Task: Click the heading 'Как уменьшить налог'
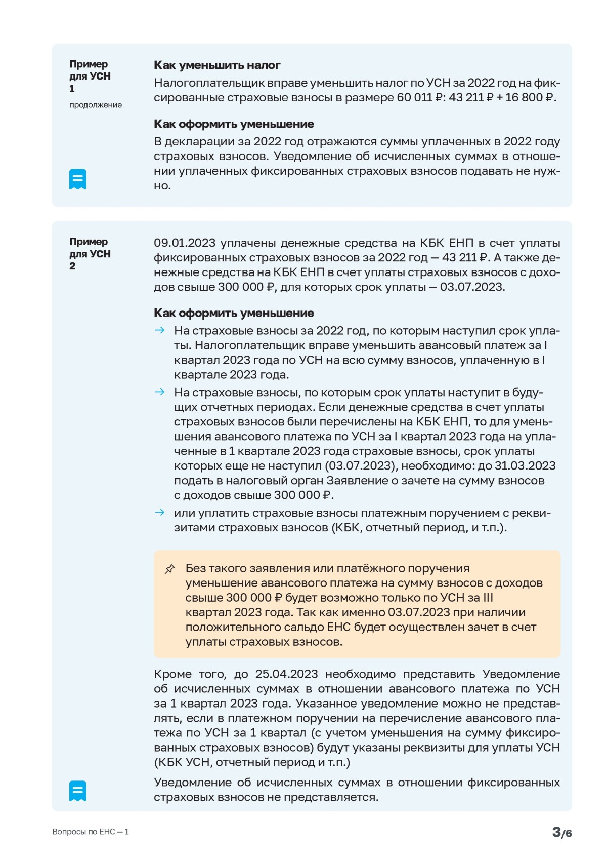[217, 65]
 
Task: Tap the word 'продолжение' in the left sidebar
[96, 105]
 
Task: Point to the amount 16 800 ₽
[530, 97]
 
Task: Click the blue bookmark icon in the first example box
[78, 179]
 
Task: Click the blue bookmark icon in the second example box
[78, 791]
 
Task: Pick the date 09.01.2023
[185, 243]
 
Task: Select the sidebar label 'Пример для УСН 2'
[90, 254]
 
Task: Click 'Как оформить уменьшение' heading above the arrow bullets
[234, 313]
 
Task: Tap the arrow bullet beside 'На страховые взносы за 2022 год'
[160, 331]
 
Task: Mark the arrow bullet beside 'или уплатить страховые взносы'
[160, 513]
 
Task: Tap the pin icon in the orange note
[170, 569]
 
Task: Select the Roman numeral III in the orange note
[488, 598]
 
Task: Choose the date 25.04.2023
[286, 674]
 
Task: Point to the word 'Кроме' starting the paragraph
[172, 674]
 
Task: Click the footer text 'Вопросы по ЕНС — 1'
[91, 832]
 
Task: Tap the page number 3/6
[561, 832]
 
